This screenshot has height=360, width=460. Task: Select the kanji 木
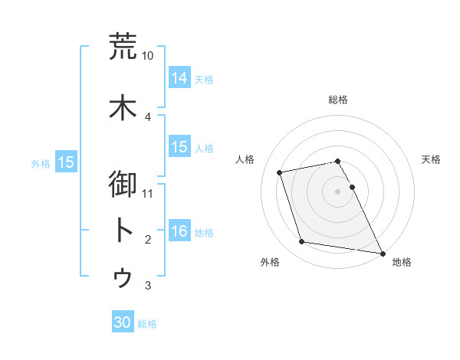pyautogui.click(x=123, y=107)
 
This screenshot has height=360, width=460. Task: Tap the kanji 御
pyautogui.click(x=123, y=186)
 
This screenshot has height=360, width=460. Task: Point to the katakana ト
pyautogui.click(x=123, y=231)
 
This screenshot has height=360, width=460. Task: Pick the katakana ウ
pyautogui.click(x=123, y=277)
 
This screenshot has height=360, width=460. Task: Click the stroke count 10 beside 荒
pyautogui.click(x=148, y=56)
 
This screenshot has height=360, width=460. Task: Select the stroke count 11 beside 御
pyautogui.click(x=148, y=193)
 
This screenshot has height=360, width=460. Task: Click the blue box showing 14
pyautogui.click(x=179, y=78)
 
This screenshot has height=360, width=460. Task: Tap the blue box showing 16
pyautogui.click(x=179, y=231)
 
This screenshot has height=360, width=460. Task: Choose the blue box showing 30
pyautogui.click(x=123, y=322)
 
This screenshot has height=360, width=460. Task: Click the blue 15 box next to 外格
pyautogui.click(x=66, y=162)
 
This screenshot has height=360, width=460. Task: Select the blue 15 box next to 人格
pyautogui.click(x=179, y=147)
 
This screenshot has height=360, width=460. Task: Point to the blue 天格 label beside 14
pyautogui.click(x=204, y=80)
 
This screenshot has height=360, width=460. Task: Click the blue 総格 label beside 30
pyautogui.click(x=147, y=324)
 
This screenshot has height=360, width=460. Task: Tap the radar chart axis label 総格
pyautogui.click(x=338, y=100)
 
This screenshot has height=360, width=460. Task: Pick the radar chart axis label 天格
pyautogui.click(x=431, y=159)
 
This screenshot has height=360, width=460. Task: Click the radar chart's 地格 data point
pyautogui.click(x=381, y=252)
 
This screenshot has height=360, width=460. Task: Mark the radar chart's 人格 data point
pyautogui.click(x=280, y=172)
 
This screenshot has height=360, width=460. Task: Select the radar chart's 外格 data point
pyautogui.click(x=302, y=242)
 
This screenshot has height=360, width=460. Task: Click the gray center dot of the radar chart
pyautogui.click(x=338, y=191)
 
